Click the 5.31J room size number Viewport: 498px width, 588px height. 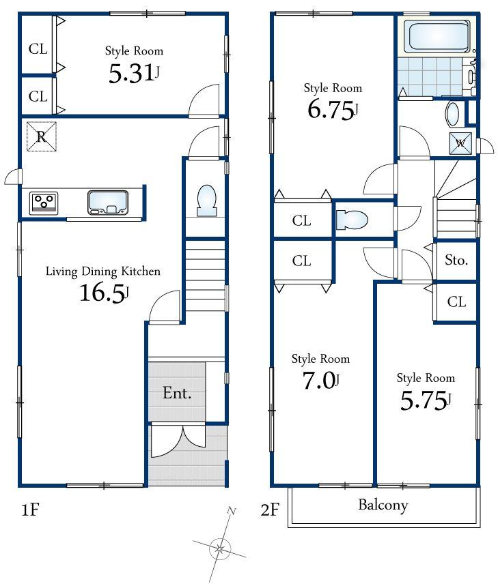134,74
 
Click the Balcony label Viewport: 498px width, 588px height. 383,505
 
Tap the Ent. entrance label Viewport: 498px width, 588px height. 176,394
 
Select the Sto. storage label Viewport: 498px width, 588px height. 456,260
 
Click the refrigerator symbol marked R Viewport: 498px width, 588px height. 41,136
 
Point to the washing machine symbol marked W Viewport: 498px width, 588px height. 460,143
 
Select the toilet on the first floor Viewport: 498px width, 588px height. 206,201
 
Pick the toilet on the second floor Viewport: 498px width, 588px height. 352,220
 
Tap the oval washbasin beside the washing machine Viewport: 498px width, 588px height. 452,114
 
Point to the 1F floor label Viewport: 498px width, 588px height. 28,511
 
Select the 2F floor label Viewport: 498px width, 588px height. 269,511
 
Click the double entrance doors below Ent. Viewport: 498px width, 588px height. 177,441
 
